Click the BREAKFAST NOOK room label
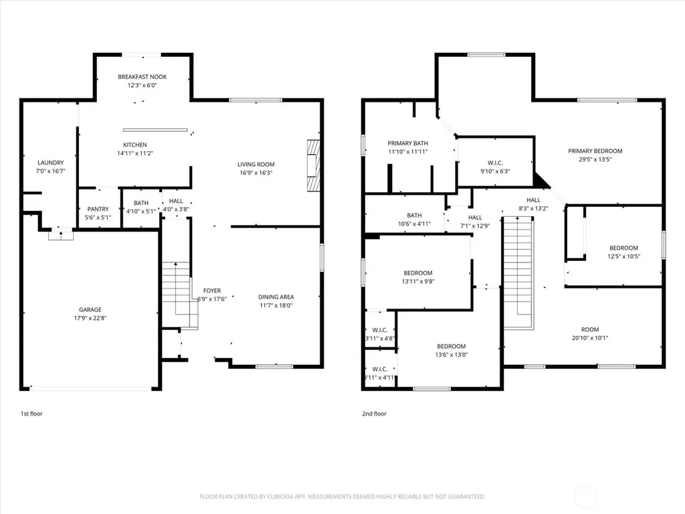pyautogui.click(x=142, y=77)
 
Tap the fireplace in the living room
pyautogui.click(x=314, y=166)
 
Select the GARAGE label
pyautogui.click(x=90, y=309)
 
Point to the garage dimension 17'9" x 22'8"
pyautogui.click(x=90, y=318)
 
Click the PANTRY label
pyautogui.click(x=98, y=209)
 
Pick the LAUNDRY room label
pyautogui.click(x=51, y=163)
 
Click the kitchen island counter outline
pyautogui.click(x=155, y=130)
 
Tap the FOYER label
pyautogui.click(x=212, y=290)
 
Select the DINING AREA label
pyautogui.click(x=276, y=297)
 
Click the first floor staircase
pyautogui.click(x=179, y=294)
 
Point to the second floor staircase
pyautogui.click(x=518, y=273)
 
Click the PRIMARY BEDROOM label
pyautogui.click(x=595, y=151)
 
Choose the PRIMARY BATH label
pyautogui.click(x=408, y=143)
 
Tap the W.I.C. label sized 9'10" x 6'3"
pyautogui.click(x=495, y=163)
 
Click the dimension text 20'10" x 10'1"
pyautogui.click(x=590, y=338)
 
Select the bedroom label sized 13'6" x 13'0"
pyautogui.click(x=452, y=346)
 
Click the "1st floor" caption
pyautogui.click(x=31, y=414)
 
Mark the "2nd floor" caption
pyautogui.click(x=375, y=414)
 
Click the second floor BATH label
pyautogui.click(x=414, y=216)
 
